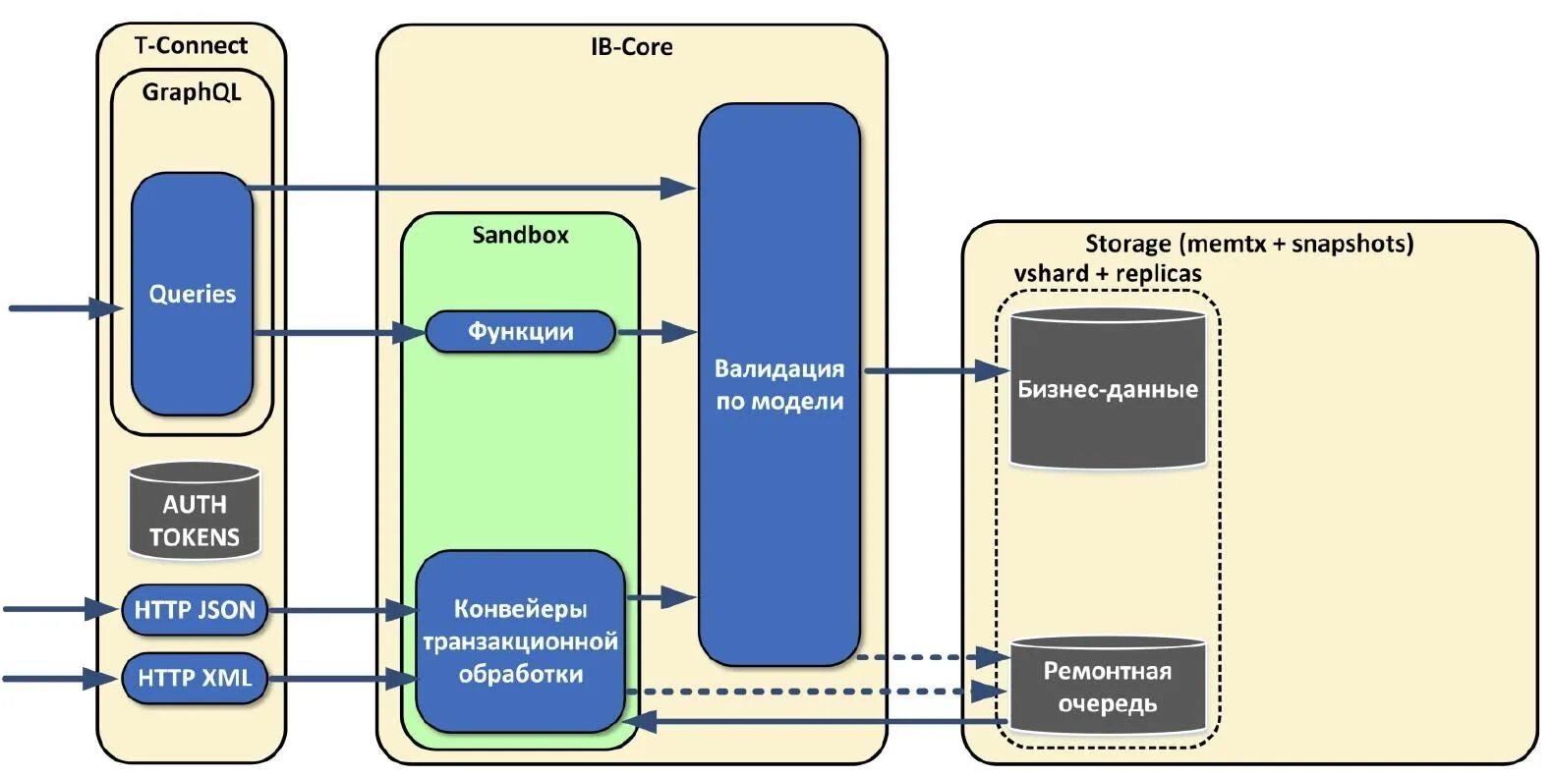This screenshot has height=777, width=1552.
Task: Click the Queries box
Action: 192,295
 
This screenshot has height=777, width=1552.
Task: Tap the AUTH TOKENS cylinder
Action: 195,511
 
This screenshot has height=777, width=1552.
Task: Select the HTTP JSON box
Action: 195,610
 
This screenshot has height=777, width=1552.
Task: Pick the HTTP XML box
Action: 195,678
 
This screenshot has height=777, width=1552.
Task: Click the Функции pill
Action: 520,332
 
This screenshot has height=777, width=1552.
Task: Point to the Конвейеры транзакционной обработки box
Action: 520,641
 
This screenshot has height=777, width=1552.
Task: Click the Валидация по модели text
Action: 779,385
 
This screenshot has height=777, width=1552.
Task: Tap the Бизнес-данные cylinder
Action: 1108,389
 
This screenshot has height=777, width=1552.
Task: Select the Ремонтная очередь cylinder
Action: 1108,685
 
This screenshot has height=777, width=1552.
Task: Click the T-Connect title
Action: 192,46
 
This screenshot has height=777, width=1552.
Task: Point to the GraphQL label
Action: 192,92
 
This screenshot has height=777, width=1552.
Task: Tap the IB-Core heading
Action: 632,47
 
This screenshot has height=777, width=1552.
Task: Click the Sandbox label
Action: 520,235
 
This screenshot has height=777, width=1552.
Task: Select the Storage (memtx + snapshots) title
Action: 1249,244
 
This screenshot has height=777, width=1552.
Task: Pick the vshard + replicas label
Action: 1108,273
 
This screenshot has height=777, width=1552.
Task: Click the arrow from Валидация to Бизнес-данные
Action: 937,371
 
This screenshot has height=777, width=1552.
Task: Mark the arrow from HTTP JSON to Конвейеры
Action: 342,610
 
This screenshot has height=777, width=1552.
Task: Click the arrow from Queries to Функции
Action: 339,333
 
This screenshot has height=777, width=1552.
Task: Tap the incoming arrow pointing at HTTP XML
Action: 60,678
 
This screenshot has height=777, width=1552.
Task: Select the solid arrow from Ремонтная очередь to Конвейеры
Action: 816,722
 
